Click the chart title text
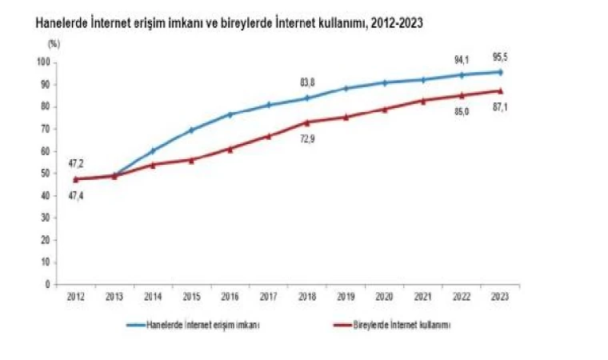[230, 25]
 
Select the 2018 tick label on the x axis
[308, 296]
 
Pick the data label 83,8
[308, 82]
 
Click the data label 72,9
[308, 139]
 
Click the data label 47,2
[76, 164]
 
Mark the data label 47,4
[76, 194]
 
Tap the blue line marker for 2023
[501, 72]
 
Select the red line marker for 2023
[501, 90]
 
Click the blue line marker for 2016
[230, 114]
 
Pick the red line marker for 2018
[308, 122]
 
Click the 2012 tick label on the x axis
[76, 296]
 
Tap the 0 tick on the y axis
[48, 284]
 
